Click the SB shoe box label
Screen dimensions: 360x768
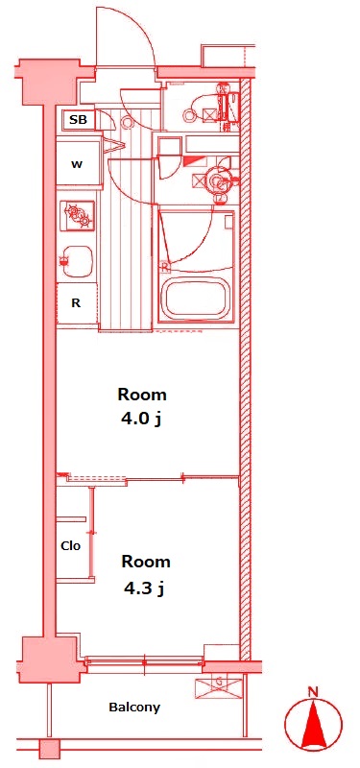pos(78,119)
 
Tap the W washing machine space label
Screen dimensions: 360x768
pos(77,165)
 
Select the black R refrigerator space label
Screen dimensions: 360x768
pos(76,303)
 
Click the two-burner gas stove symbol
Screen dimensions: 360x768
pos(78,216)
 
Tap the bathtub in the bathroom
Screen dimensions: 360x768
pos(197,300)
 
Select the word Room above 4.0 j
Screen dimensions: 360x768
pos(142,395)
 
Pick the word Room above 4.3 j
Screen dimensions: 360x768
pos(146,562)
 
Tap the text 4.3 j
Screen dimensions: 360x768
pos(144,588)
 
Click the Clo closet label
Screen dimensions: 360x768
pos(71,545)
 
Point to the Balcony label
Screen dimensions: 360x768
pos(134,708)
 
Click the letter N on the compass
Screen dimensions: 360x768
pos(313,692)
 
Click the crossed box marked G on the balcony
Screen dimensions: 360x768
pos(219,685)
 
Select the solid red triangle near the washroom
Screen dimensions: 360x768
pos(194,161)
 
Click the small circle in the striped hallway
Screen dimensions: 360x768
pos(129,123)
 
